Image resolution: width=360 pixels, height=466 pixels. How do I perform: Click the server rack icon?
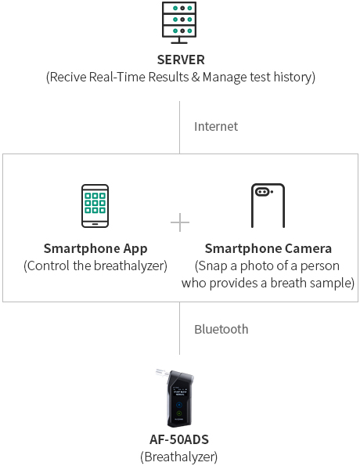point(179,23)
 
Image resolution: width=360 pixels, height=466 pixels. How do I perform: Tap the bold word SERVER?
point(181,60)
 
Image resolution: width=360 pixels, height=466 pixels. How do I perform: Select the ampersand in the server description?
point(196,77)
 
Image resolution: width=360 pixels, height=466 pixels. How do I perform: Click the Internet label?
point(216,127)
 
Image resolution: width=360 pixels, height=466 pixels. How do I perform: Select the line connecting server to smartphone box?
point(179,128)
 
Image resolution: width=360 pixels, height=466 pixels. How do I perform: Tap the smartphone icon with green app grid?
point(95,206)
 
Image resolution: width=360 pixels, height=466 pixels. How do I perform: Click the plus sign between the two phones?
point(180,222)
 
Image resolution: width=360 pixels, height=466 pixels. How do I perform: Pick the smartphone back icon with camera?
point(268,206)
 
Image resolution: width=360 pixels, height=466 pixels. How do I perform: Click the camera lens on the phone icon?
point(263,192)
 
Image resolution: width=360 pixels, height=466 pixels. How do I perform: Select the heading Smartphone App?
point(95,249)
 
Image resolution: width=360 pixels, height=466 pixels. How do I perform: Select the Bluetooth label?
point(221,329)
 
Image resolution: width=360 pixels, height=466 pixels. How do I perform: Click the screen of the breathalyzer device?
point(180,392)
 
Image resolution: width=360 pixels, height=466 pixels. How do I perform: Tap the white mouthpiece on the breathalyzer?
point(163,372)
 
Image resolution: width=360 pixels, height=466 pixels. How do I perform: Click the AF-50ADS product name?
point(179,439)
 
